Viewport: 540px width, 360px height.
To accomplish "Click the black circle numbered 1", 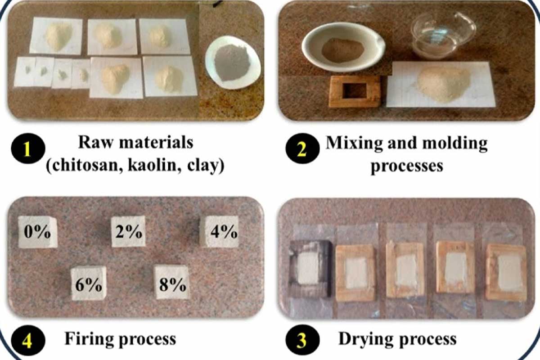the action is (x=28, y=148).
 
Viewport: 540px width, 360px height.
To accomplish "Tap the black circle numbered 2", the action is (x=302, y=148).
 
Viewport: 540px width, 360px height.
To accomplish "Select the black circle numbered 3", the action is (x=302, y=340).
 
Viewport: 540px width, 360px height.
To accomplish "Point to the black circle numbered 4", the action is (x=28, y=340).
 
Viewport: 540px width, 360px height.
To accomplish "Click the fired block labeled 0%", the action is (x=38, y=232).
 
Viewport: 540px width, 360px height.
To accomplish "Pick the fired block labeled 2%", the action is (x=129, y=231).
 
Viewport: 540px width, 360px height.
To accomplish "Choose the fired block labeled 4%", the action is (x=220, y=231).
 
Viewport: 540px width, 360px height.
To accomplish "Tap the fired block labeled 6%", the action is (x=89, y=283).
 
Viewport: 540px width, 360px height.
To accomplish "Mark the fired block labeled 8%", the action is (x=171, y=282).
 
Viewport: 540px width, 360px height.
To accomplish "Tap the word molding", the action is (x=455, y=144).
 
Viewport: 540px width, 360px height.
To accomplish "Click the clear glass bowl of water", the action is (x=444, y=36).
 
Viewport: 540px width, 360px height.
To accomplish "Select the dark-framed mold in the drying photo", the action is (x=310, y=269).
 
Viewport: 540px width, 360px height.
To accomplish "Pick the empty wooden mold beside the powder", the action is (x=355, y=91).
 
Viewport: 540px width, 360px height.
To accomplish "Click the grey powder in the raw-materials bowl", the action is (x=231, y=62).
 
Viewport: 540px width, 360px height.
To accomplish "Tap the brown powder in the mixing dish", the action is (x=342, y=50).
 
